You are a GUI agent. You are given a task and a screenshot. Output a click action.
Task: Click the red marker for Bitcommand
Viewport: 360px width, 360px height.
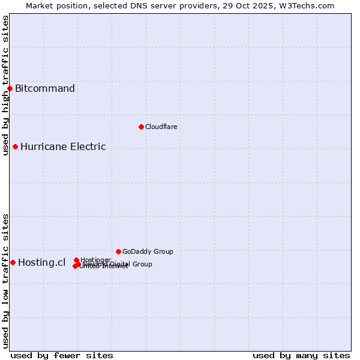point(10,89)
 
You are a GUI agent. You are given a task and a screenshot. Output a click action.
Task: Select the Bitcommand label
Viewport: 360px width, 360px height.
point(45,89)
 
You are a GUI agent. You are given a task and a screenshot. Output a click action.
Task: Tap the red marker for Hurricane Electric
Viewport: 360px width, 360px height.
point(15,146)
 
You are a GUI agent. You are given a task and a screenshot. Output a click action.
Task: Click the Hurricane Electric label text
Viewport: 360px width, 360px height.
point(63,147)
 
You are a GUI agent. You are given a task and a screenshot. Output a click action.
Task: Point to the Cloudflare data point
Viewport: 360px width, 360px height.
point(141,127)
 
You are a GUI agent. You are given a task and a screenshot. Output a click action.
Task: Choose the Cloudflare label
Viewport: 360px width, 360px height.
point(161,127)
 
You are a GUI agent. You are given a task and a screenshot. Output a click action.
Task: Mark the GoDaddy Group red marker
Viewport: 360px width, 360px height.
point(118,251)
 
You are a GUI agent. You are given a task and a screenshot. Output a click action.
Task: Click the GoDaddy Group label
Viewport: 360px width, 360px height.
point(148,252)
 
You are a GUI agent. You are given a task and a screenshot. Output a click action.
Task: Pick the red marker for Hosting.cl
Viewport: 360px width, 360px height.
point(13,262)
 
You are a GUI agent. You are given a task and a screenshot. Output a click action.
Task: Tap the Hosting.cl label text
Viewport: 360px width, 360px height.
point(41,263)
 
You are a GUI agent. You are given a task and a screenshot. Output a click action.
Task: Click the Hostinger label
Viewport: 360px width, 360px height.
point(95,260)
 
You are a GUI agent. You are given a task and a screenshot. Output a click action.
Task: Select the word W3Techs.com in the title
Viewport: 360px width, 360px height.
point(309,5)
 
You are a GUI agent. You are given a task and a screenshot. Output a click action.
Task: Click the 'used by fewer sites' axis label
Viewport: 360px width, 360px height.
point(62,355)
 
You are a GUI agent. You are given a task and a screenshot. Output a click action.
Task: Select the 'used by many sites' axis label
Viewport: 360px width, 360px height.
point(301,355)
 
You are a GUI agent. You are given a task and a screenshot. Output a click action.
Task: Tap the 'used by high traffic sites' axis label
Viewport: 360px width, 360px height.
point(5,85)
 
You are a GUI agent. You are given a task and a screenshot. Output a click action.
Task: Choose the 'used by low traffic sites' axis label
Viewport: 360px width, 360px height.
point(5,280)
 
